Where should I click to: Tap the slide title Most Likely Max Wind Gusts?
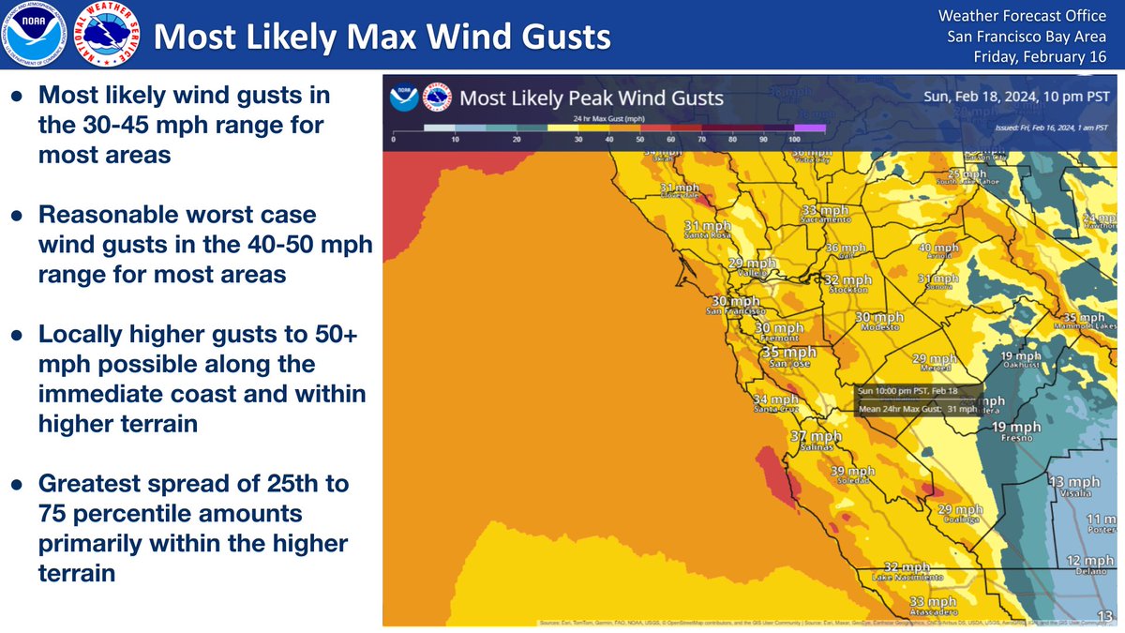[382, 37]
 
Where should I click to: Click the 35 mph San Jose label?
[788, 355]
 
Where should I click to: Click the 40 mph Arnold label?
[939, 250]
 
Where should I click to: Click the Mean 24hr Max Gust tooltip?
[919, 399]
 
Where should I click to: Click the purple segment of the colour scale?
[810, 127]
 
